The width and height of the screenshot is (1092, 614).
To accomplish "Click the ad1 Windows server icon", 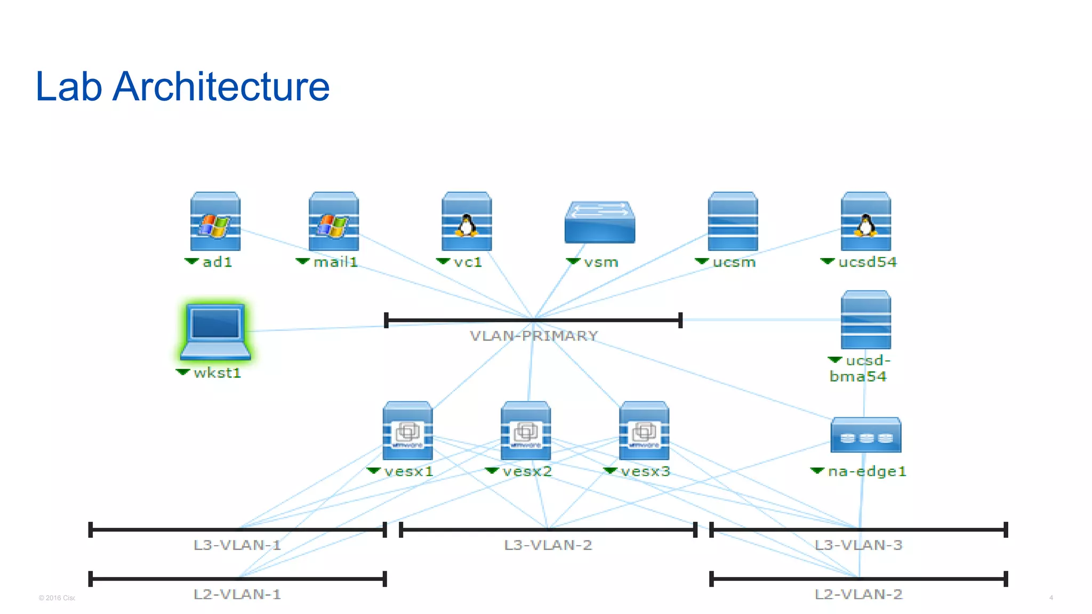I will tap(215, 222).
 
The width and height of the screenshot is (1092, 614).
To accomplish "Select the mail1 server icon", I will tap(334, 222).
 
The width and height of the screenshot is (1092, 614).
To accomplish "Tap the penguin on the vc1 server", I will tap(467, 225).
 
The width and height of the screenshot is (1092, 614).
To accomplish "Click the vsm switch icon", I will tap(600, 222).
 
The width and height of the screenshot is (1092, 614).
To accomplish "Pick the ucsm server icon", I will tap(733, 222).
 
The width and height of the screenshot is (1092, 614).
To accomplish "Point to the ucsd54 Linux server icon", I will tap(865, 222).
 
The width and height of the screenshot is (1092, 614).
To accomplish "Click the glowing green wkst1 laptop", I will tap(215, 332).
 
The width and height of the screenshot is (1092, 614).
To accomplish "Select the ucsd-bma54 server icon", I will tap(865, 320).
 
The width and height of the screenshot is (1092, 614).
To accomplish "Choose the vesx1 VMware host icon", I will tap(407, 431).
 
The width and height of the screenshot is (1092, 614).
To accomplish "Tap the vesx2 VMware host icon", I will tap(526, 431).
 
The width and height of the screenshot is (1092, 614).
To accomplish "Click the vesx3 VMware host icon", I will tap(644, 431).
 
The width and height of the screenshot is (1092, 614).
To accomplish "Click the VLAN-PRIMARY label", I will tap(534, 336).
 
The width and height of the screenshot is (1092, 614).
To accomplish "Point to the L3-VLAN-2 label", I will tap(548, 545).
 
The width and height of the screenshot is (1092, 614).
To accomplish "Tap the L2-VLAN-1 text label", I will tap(237, 594).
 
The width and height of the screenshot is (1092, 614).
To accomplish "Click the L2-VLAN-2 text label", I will tap(858, 594).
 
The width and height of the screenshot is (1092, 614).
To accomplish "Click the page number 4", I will tap(1051, 597).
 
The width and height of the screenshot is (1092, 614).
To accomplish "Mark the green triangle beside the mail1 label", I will tap(302, 261).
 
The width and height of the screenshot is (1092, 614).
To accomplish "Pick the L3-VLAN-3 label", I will tap(858, 545).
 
